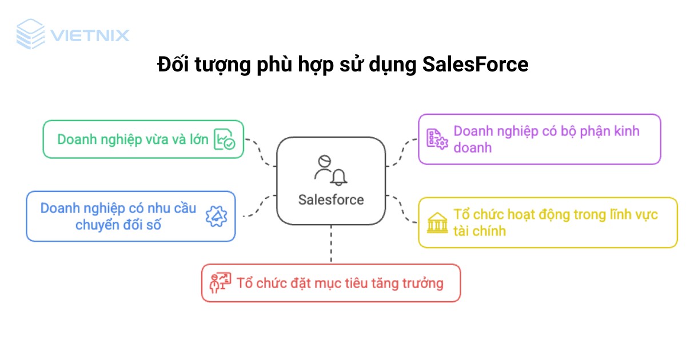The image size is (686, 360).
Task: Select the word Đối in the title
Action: pos(171,65)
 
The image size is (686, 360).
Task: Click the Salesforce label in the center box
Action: pos(331,199)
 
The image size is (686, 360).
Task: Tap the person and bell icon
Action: pos(330,169)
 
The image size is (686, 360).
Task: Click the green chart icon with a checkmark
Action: pos(224,139)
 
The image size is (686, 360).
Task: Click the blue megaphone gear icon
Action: pos(216,216)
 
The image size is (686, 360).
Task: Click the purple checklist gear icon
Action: pos(437,139)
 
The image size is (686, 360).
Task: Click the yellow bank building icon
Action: pos(437,222)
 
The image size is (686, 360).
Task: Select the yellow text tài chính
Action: pos(480,231)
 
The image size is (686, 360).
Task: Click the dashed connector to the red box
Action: pos(331,245)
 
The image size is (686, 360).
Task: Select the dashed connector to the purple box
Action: pos(402,151)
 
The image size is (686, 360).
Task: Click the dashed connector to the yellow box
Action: pos(402,210)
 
